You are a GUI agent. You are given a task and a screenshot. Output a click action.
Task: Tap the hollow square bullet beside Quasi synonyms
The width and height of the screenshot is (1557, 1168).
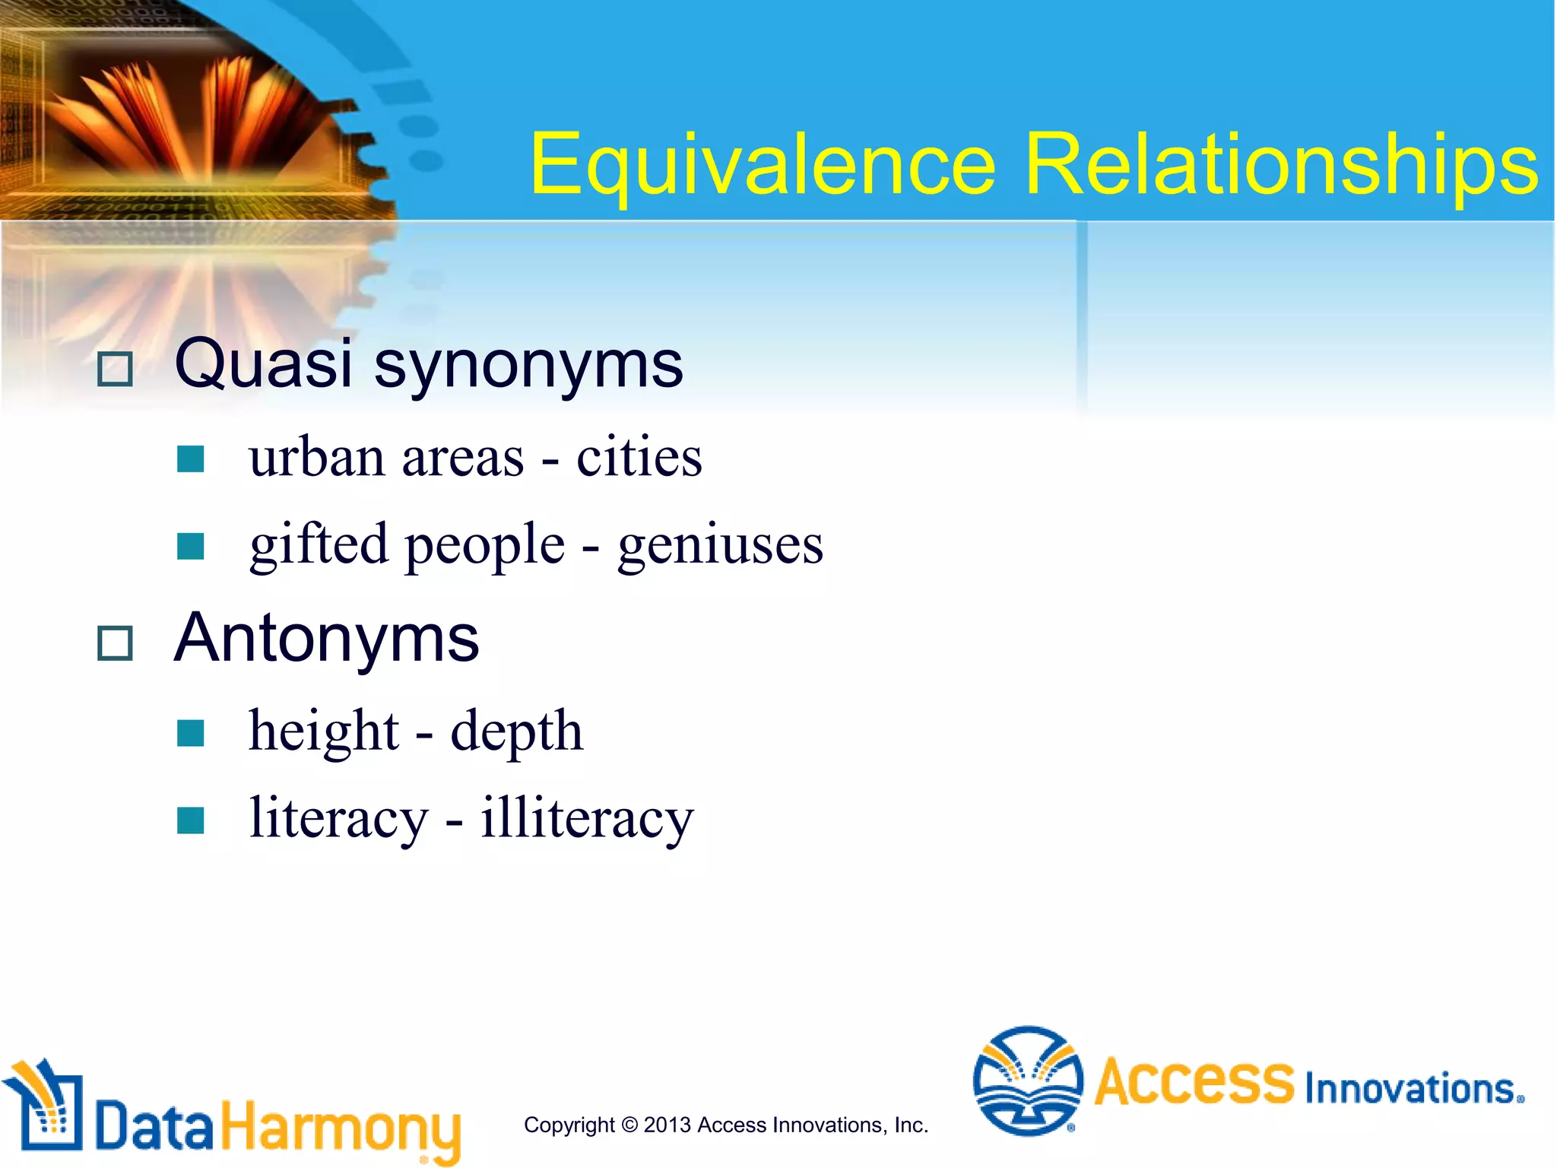point(116,370)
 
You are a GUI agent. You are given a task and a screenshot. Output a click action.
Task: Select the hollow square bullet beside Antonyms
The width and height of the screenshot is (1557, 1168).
point(116,643)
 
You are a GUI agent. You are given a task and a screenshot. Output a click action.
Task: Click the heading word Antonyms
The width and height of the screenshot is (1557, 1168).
point(327,639)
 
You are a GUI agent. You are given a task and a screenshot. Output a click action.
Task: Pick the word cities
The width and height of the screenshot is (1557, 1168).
point(639,458)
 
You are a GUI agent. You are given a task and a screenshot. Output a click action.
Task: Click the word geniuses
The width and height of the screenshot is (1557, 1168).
point(720,546)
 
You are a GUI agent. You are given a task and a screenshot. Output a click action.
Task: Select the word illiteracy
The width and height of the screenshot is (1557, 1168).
point(587,819)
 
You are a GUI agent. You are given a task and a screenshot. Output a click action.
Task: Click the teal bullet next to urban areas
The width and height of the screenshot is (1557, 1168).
point(190,459)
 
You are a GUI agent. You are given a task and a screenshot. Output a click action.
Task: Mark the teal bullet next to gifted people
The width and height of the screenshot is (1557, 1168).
point(190,546)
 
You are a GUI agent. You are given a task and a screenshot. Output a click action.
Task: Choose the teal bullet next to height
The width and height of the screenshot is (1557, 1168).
point(190,733)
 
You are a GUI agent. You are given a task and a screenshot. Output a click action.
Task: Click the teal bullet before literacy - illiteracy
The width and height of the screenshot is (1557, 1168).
point(190,820)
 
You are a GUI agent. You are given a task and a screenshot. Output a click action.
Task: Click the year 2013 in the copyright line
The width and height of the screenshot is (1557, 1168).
point(668,1125)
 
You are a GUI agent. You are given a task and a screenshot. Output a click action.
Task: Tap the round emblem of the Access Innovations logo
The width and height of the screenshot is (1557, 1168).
point(1028,1081)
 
